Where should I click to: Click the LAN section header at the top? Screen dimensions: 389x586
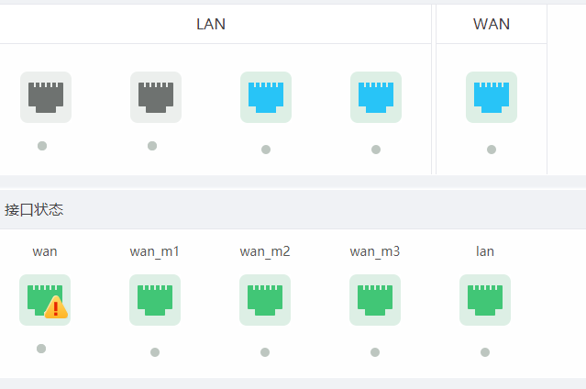click(211, 24)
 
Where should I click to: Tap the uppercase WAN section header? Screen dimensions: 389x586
click(492, 24)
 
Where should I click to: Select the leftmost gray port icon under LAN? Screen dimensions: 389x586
click(46, 97)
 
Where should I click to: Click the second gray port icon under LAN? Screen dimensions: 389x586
click(156, 97)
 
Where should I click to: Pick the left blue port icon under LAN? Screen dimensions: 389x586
click(266, 97)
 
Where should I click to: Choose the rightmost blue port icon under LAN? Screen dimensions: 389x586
click(376, 97)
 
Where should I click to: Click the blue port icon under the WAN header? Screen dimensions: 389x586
click(492, 97)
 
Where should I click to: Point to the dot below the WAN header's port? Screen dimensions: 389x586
click(492, 150)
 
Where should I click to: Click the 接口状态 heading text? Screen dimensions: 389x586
click(34, 209)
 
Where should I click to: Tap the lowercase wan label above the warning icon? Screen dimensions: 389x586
click(45, 250)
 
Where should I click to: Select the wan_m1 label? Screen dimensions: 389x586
click(155, 250)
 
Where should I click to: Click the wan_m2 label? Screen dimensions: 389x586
click(265, 250)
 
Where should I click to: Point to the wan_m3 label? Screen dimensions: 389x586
click(375, 250)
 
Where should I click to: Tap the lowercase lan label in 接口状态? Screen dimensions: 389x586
click(485, 250)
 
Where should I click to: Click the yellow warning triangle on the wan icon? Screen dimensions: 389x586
click(57, 308)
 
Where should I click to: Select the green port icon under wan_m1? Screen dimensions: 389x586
click(155, 300)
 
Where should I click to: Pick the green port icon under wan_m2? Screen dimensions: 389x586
click(265, 300)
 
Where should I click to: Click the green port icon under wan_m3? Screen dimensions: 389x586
click(375, 300)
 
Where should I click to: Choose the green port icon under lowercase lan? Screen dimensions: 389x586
click(485, 300)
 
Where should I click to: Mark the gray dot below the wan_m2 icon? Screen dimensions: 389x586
click(265, 352)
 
